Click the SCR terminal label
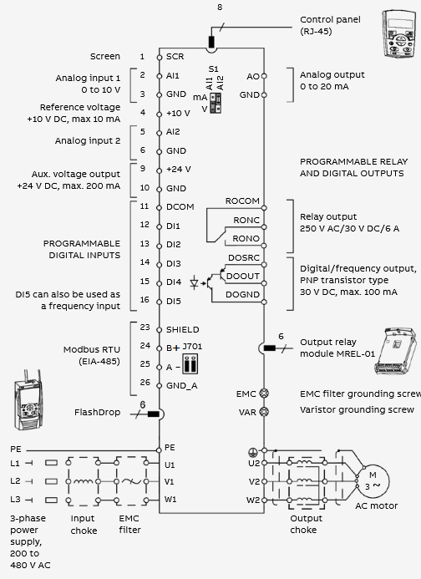coord(175,57)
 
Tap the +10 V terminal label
coord(179,113)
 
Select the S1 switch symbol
coord(216,103)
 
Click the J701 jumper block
coord(190,363)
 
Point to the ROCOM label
coord(242,201)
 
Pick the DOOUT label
coord(242,277)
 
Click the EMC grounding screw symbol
coord(264,394)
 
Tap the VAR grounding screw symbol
coord(264,411)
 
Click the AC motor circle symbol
coord(373,481)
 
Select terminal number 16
coord(145,300)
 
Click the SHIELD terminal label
coord(183,330)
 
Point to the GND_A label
coord(182,386)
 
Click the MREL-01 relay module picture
coord(396,351)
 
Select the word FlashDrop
coord(98,412)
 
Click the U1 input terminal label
coord(169,465)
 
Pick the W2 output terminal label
coord(253,500)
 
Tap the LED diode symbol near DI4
coord(194,283)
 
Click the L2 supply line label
coord(15,481)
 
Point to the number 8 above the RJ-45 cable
coord(220,8)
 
